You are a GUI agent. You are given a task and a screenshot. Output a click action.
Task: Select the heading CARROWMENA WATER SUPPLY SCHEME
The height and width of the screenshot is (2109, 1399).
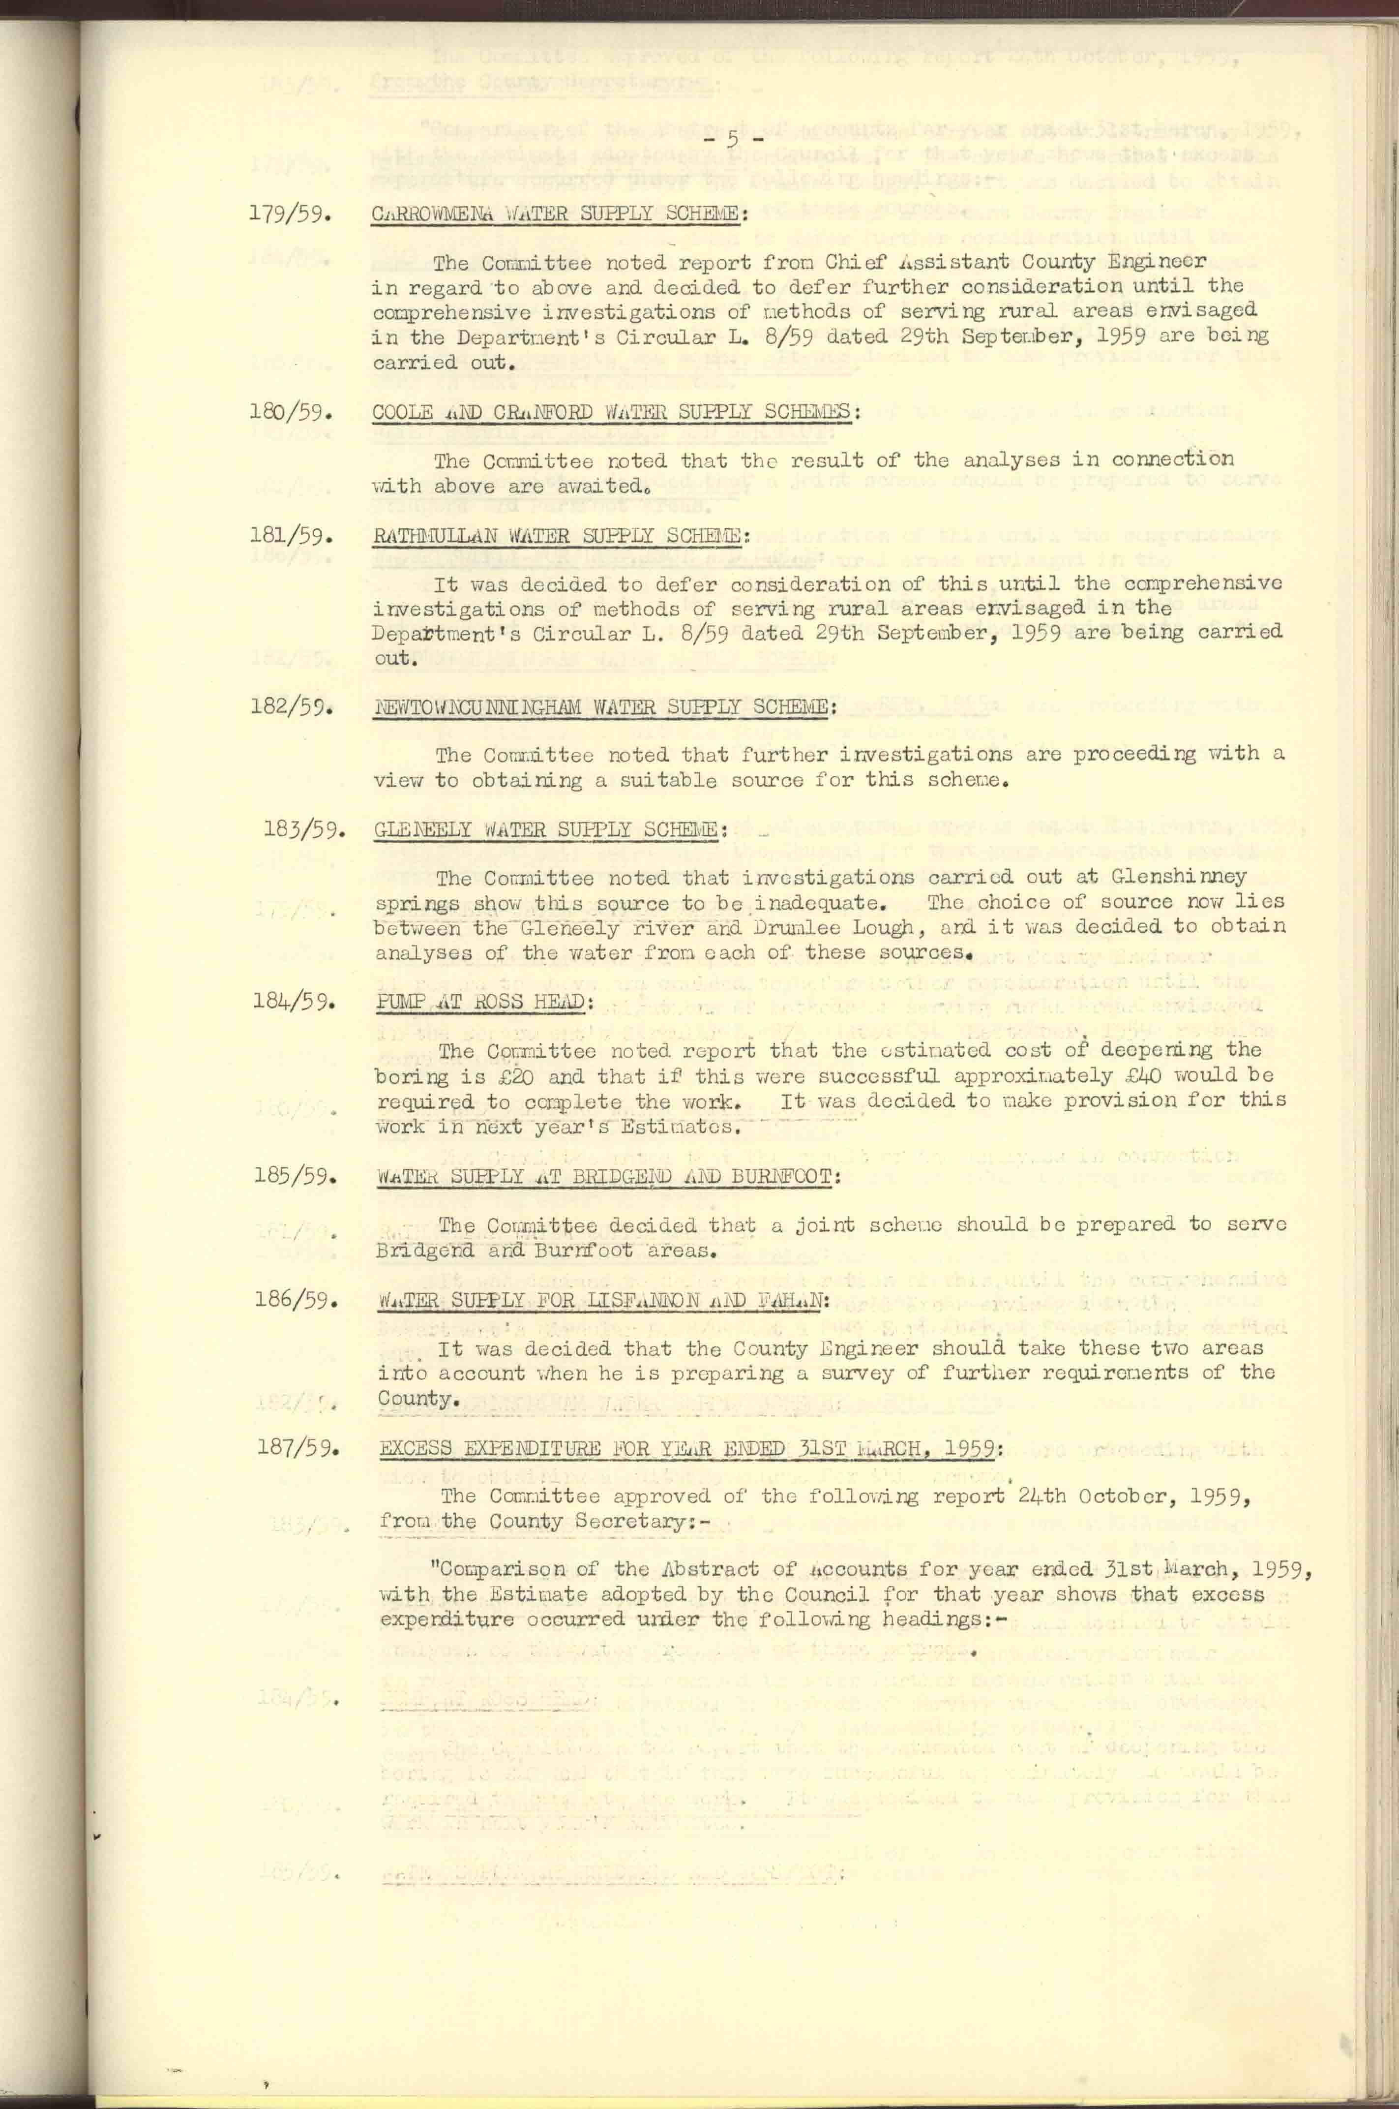tap(557, 215)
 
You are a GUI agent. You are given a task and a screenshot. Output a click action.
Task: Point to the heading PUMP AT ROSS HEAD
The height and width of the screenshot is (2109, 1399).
tap(482, 1002)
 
